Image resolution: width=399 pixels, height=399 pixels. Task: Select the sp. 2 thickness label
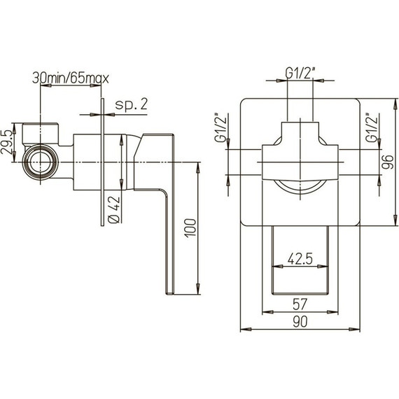132,104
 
